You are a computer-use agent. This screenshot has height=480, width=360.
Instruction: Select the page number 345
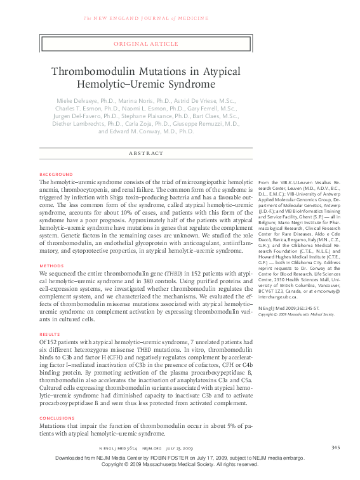(335, 448)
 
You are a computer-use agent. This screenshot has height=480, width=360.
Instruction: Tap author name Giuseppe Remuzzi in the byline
(212, 124)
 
